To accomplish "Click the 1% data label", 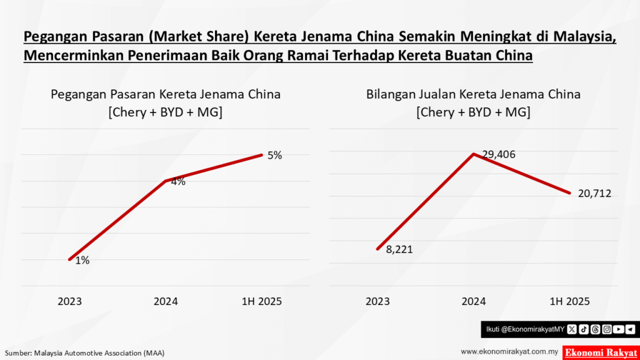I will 82,261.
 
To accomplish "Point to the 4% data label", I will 178,182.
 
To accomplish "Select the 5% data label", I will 274,156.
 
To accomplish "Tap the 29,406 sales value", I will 498,154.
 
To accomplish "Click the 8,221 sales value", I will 399,249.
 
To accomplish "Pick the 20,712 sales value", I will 594,194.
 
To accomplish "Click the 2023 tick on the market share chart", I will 70,301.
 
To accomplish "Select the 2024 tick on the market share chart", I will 166,301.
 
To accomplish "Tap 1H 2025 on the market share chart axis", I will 262,301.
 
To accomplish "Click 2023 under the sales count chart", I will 377,301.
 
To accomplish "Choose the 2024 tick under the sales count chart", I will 474,301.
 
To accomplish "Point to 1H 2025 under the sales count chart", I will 569,301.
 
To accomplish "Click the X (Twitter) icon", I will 571,329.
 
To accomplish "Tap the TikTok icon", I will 583,329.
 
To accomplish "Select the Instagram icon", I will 607,329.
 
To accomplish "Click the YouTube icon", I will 618,329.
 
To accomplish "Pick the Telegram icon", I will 630,329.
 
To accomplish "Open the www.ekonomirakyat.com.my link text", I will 509,352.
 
